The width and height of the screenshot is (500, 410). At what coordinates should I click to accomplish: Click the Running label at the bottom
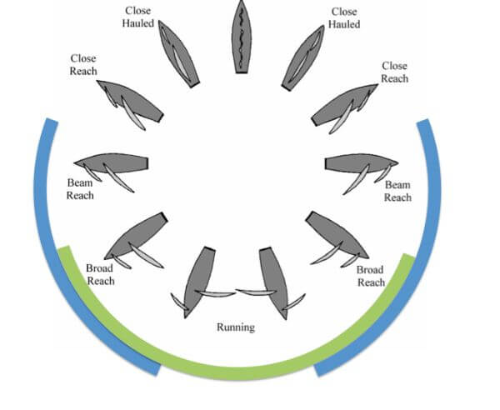[235, 327]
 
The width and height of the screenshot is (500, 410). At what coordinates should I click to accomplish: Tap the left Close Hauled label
[137, 17]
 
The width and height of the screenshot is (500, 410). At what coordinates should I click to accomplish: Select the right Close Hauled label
[344, 17]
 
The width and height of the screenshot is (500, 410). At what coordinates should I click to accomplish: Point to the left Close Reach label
[83, 64]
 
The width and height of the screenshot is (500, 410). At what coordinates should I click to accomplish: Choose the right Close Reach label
[395, 72]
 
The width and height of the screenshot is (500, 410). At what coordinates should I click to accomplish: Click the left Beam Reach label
[81, 188]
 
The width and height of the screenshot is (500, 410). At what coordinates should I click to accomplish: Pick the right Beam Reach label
[397, 191]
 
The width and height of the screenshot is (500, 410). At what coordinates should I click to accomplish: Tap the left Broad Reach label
[99, 275]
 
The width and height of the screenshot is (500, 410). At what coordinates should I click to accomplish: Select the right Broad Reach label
[370, 276]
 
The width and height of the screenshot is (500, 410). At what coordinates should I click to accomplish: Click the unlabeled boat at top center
[242, 37]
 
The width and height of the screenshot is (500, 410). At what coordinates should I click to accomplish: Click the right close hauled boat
[302, 54]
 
